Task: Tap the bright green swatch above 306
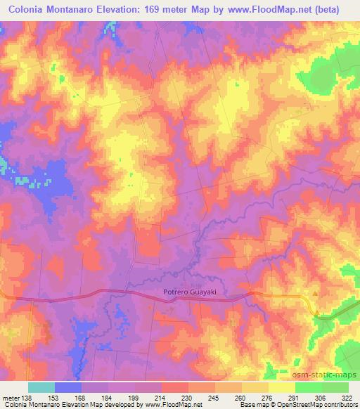[x=309, y=387]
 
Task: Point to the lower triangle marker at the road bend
[x=316, y=313]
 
